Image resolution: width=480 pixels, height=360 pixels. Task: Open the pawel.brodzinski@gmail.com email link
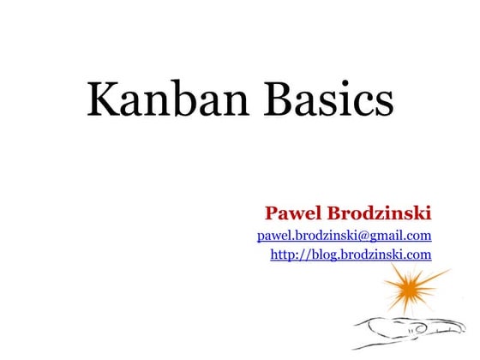coord(344,234)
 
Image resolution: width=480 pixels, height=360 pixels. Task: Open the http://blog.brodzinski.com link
coord(351,254)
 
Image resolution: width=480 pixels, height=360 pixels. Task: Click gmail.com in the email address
coord(400,234)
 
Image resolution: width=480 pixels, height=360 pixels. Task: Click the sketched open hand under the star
coord(403,329)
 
